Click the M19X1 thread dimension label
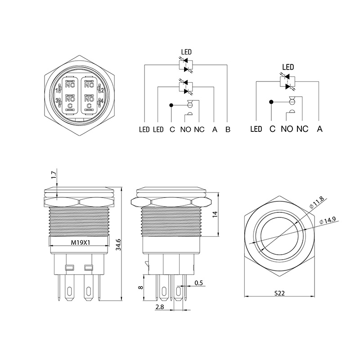pyautogui.click(x=80, y=243)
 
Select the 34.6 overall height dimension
pyautogui.click(x=118, y=245)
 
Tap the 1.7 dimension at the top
pyautogui.click(x=54, y=175)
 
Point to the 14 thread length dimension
pyautogui.click(x=215, y=214)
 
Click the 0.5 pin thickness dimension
pyautogui.click(x=198, y=283)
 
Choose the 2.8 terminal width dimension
pyautogui.click(x=160, y=307)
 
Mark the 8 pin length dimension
pyautogui.click(x=141, y=287)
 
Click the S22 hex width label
pyautogui.click(x=279, y=293)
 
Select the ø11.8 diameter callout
pyautogui.click(x=317, y=202)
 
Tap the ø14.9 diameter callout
pyautogui.click(x=328, y=220)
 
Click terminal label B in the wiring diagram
pyautogui.click(x=228, y=130)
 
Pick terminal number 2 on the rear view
pyautogui.click(x=103, y=90)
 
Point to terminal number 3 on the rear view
pyautogui.click(x=57, y=101)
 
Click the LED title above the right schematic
pyautogui.click(x=288, y=67)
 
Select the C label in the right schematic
pyautogui.click(x=272, y=129)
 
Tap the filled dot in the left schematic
pyautogui.click(x=171, y=105)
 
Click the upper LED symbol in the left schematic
pyautogui.click(x=186, y=65)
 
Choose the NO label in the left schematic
pyautogui.click(x=185, y=130)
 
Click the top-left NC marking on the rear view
pyautogui.click(x=70, y=85)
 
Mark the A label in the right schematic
pyautogui.click(x=319, y=129)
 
